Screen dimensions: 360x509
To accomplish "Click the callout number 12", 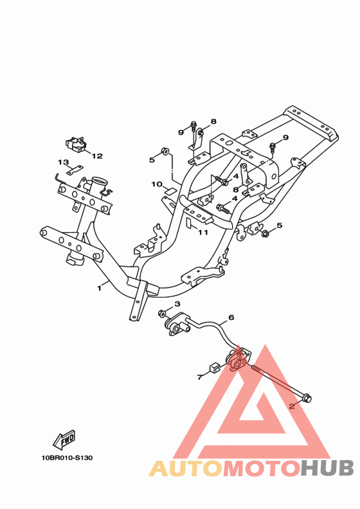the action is click(x=97, y=156).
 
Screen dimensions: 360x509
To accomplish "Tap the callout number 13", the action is click(x=63, y=162).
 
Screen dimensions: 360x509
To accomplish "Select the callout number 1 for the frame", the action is click(x=100, y=288).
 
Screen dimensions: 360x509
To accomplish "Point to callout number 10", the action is click(x=157, y=184).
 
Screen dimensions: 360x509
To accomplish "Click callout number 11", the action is click(x=203, y=233).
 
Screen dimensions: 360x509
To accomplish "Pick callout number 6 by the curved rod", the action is click(x=231, y=317).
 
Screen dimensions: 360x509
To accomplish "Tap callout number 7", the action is click(x=200, y=377).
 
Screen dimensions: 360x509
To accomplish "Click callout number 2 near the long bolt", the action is click(x=291, y=406).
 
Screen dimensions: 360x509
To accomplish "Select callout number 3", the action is click(x=177, y=304).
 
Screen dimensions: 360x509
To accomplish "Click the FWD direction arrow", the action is click(x=64, y=439).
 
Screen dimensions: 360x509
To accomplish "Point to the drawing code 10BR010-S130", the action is click(x=67, y=458).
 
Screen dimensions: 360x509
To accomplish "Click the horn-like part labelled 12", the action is click(x=76, y=144).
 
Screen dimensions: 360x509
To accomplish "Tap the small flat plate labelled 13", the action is click(x=75, y=170).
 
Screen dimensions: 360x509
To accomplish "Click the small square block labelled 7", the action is click(x=213, y=367).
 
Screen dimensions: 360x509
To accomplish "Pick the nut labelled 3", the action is click(x=162, y=314).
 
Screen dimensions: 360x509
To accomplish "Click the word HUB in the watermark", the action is click(x=327, y=468).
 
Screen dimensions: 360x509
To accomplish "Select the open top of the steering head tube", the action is click(x=100, y=181).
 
